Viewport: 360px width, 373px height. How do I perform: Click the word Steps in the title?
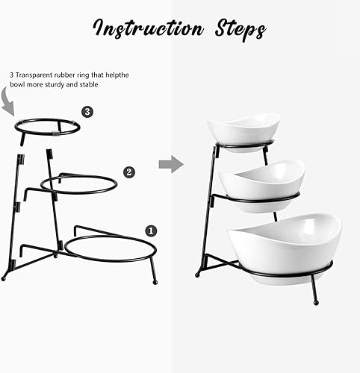point(235,30)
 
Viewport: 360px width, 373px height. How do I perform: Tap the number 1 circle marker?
point(149,231)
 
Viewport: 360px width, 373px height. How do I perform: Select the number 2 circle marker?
point(129,172)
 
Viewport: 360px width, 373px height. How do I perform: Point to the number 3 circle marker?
point(87,113)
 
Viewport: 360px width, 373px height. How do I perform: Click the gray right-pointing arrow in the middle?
point(171,163)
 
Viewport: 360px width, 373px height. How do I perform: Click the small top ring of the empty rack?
point(47,128)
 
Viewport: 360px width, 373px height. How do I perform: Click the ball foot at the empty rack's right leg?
point(155,281)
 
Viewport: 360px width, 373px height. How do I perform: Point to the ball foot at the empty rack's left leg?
point(4,278)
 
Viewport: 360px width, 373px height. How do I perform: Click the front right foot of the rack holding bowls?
point(316,301)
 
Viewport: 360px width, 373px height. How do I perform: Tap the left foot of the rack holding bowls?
point(197,274)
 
